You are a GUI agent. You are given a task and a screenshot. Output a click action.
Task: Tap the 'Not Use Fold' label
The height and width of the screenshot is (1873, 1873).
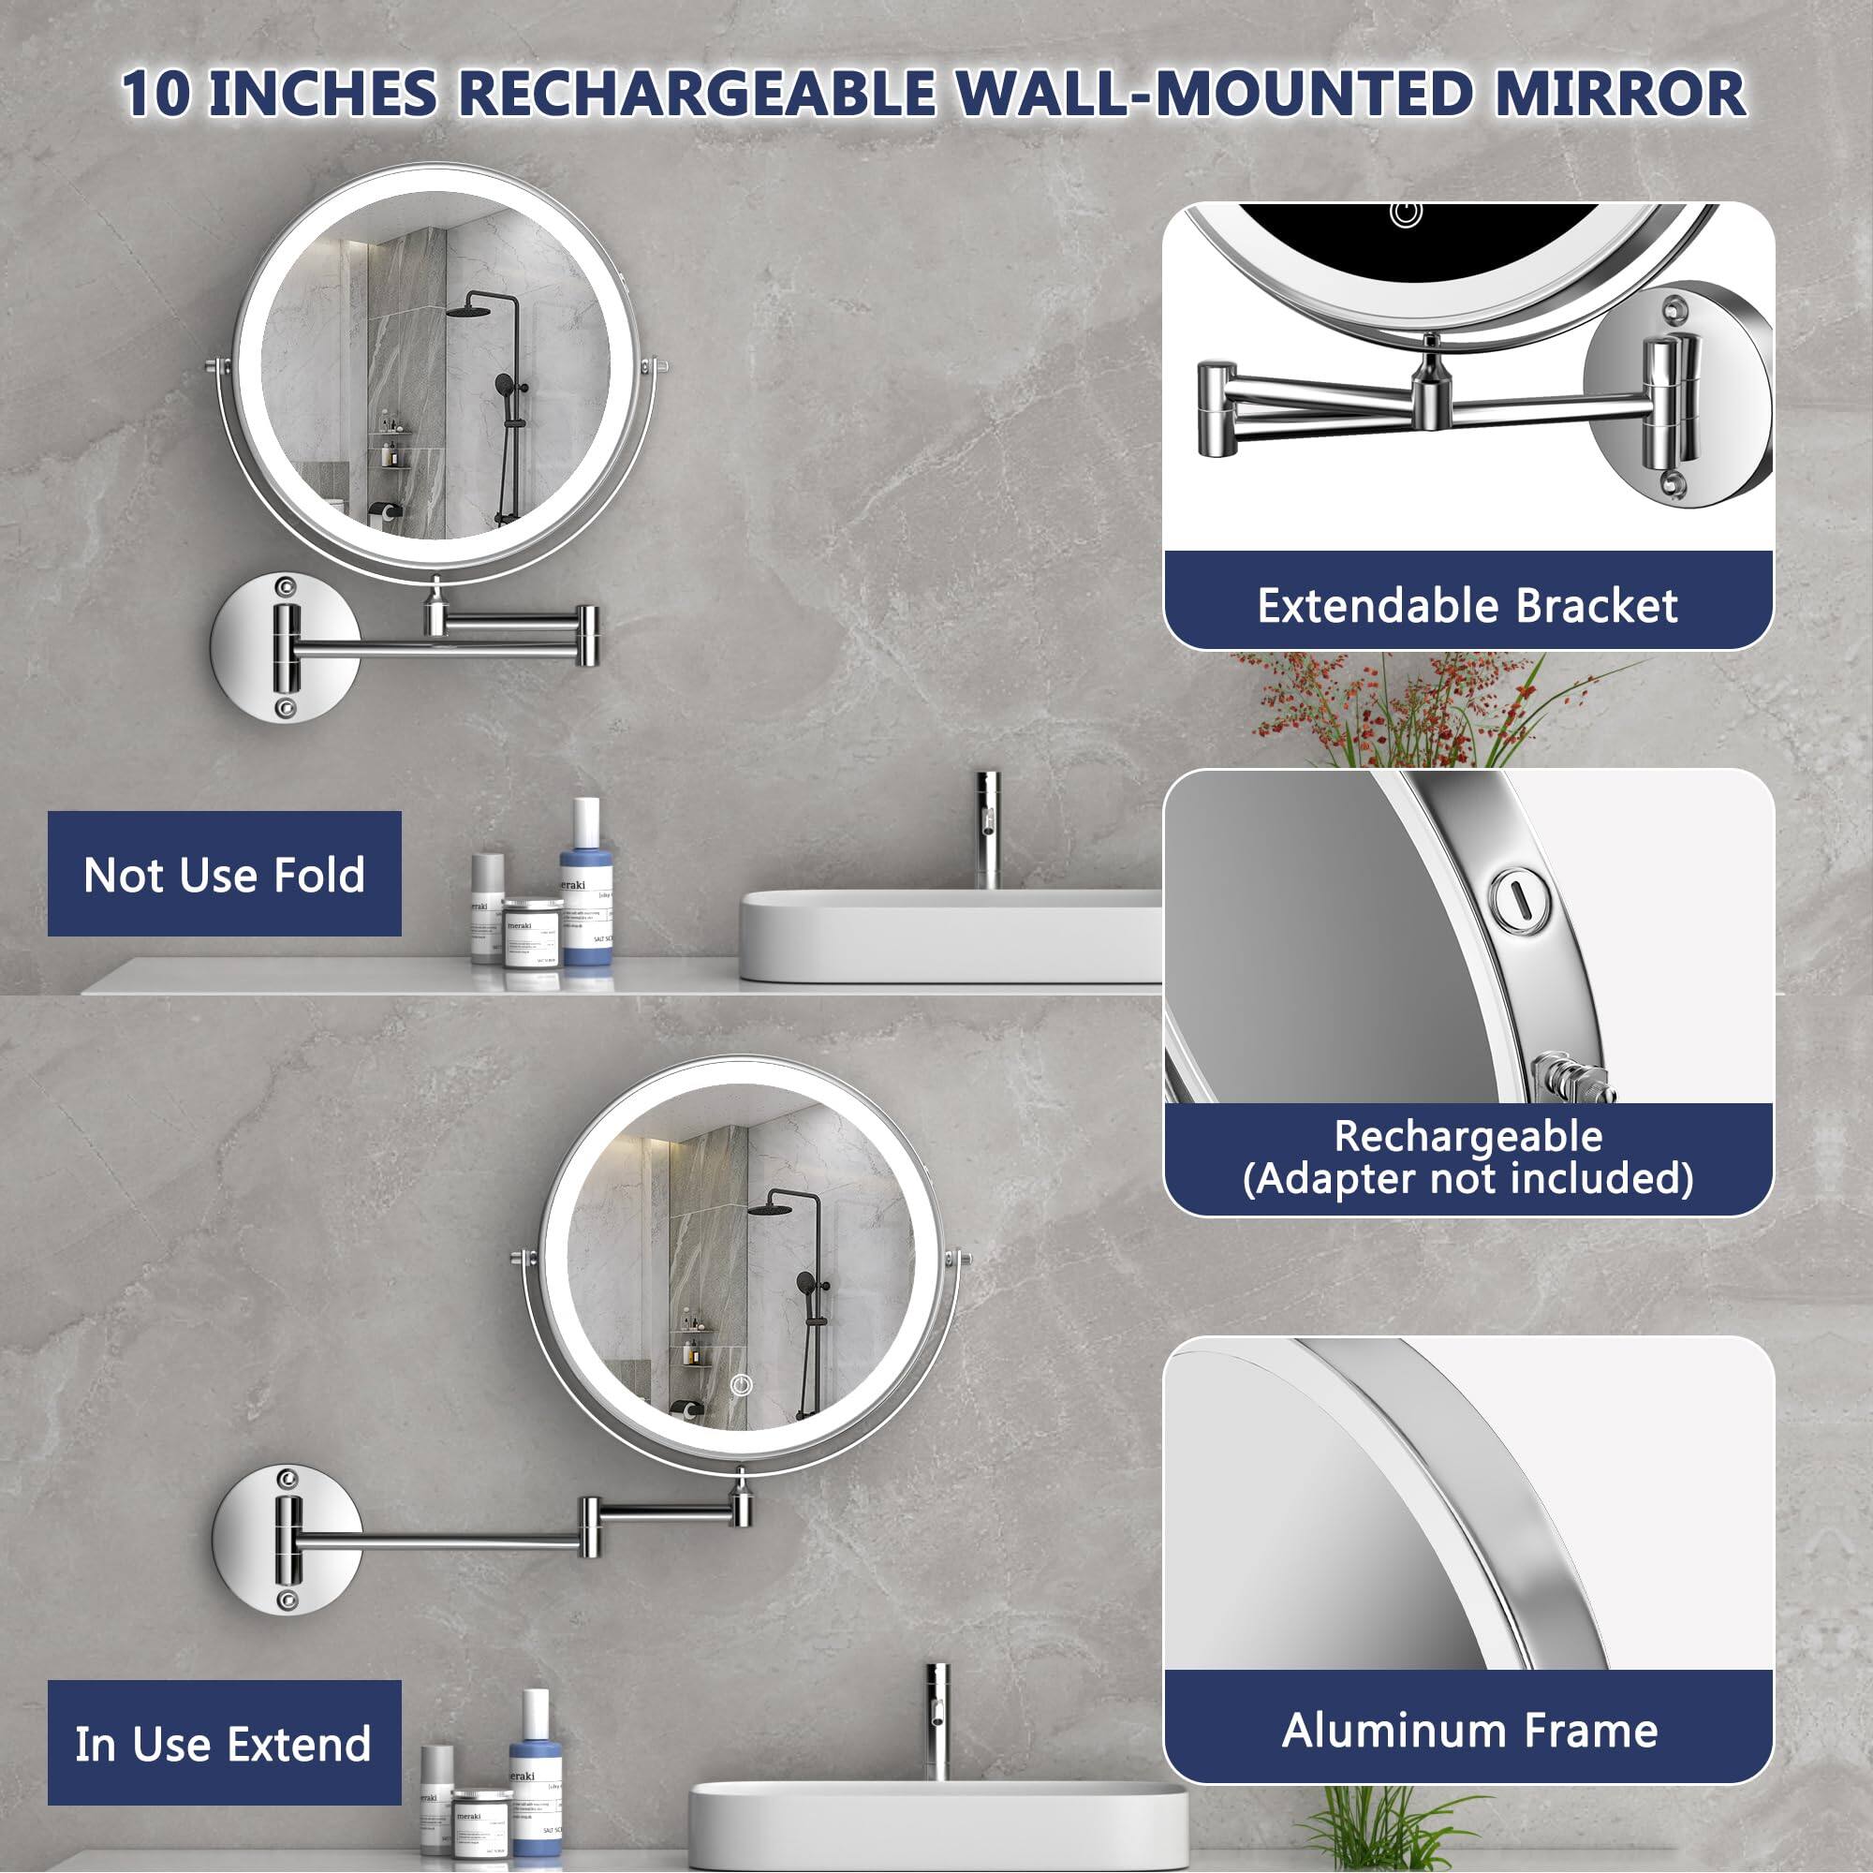(224, 875)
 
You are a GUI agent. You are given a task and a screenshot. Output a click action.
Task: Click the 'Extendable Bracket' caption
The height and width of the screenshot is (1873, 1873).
(1467, 606)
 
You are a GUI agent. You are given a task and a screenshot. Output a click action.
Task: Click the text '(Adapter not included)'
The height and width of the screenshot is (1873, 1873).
(1467, 1178)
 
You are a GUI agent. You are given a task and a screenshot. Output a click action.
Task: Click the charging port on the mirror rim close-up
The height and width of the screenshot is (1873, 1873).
(1518, 902)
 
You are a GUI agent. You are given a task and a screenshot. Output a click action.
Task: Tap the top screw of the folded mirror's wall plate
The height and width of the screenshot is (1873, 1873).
(285, 587)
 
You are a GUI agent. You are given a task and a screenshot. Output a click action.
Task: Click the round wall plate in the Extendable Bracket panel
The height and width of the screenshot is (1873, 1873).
(1677, 395)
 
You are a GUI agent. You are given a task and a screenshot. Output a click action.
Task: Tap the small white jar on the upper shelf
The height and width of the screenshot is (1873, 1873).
(532, 933)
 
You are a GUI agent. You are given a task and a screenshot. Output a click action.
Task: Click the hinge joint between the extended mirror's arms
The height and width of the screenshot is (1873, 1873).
(590, 1526)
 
